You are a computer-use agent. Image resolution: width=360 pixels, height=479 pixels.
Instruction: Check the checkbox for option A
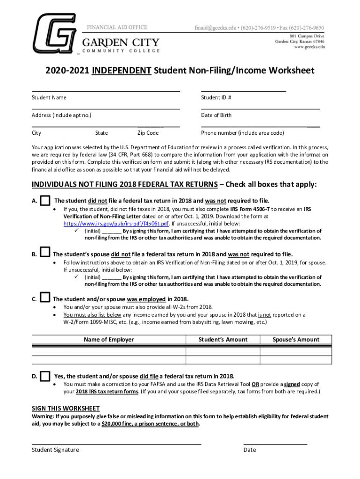tap(45, 201)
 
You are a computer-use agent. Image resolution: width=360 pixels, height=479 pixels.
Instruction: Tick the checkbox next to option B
tap(45, 253)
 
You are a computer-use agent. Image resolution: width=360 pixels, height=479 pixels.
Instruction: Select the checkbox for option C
tap(45, 298)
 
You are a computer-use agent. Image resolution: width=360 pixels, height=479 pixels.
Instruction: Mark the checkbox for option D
tap(45, 376)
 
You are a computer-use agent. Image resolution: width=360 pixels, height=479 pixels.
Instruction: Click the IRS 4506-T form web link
tap(116, 224)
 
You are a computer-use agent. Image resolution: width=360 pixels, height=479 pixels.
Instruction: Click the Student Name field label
tap(49, 97)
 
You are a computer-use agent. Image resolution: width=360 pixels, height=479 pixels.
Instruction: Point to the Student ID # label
tap(216, 97)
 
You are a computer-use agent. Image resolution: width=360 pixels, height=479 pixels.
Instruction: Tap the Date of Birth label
tap(216, 115)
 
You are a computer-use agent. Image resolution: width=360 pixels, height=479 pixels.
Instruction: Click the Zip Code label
tap(148, 133)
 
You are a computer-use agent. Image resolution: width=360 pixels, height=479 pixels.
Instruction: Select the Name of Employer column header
tap(108, 340)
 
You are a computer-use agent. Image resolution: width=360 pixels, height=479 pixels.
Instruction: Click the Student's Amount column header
tap(223, 340)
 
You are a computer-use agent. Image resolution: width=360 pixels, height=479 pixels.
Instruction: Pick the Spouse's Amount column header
tap(296, 340)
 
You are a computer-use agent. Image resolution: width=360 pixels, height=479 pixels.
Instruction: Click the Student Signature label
tap(55, 450)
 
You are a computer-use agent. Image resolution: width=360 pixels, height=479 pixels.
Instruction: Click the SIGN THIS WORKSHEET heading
tap(65, 408)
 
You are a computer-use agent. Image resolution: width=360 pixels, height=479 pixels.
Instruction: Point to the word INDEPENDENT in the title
tap(122, 71)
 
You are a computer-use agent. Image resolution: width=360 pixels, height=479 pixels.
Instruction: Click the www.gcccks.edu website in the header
tap(309, 47)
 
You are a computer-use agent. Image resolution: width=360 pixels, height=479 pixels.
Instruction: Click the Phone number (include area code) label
tap(242, 133)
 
